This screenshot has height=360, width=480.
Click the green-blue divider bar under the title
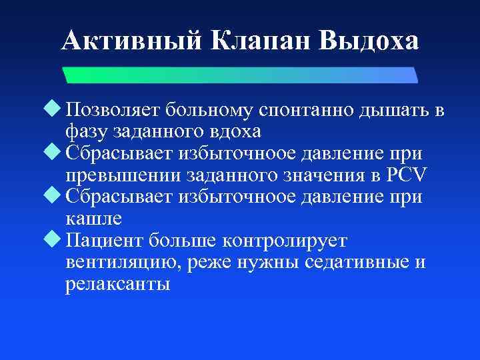coord(240,75)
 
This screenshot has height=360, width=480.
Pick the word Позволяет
coord(113,111)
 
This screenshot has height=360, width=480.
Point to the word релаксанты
coord(118,284)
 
